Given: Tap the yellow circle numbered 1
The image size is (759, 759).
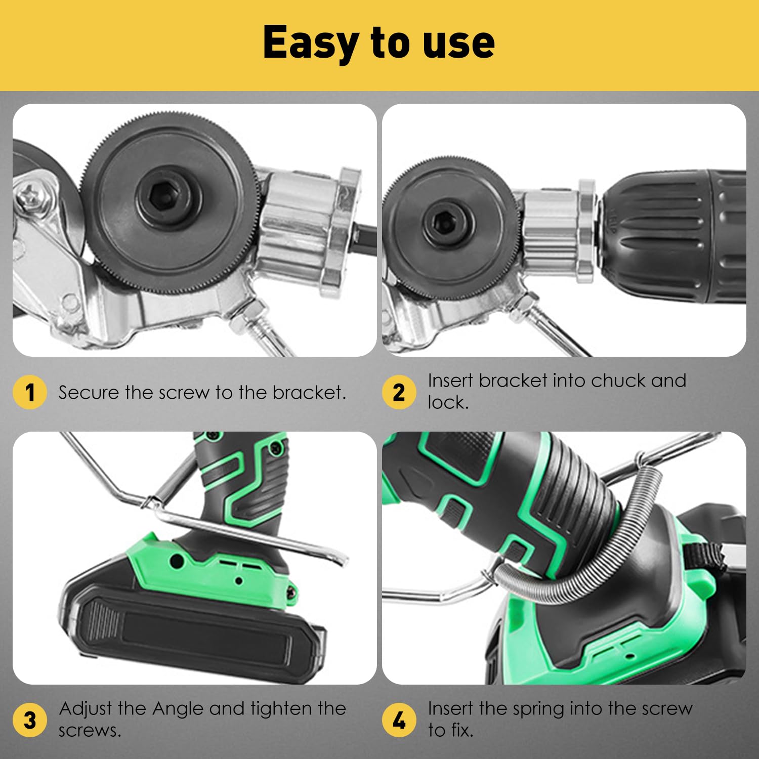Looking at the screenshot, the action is click(x=30, y=392).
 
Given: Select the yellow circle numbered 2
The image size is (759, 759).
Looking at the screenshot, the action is click(x=399, y=392).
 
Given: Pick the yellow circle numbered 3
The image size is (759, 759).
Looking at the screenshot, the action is click(x=30, y=720).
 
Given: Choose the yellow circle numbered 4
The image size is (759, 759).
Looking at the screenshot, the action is click(x=399, y=720).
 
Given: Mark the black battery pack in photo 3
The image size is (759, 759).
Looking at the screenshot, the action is click(x=192, y=627).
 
